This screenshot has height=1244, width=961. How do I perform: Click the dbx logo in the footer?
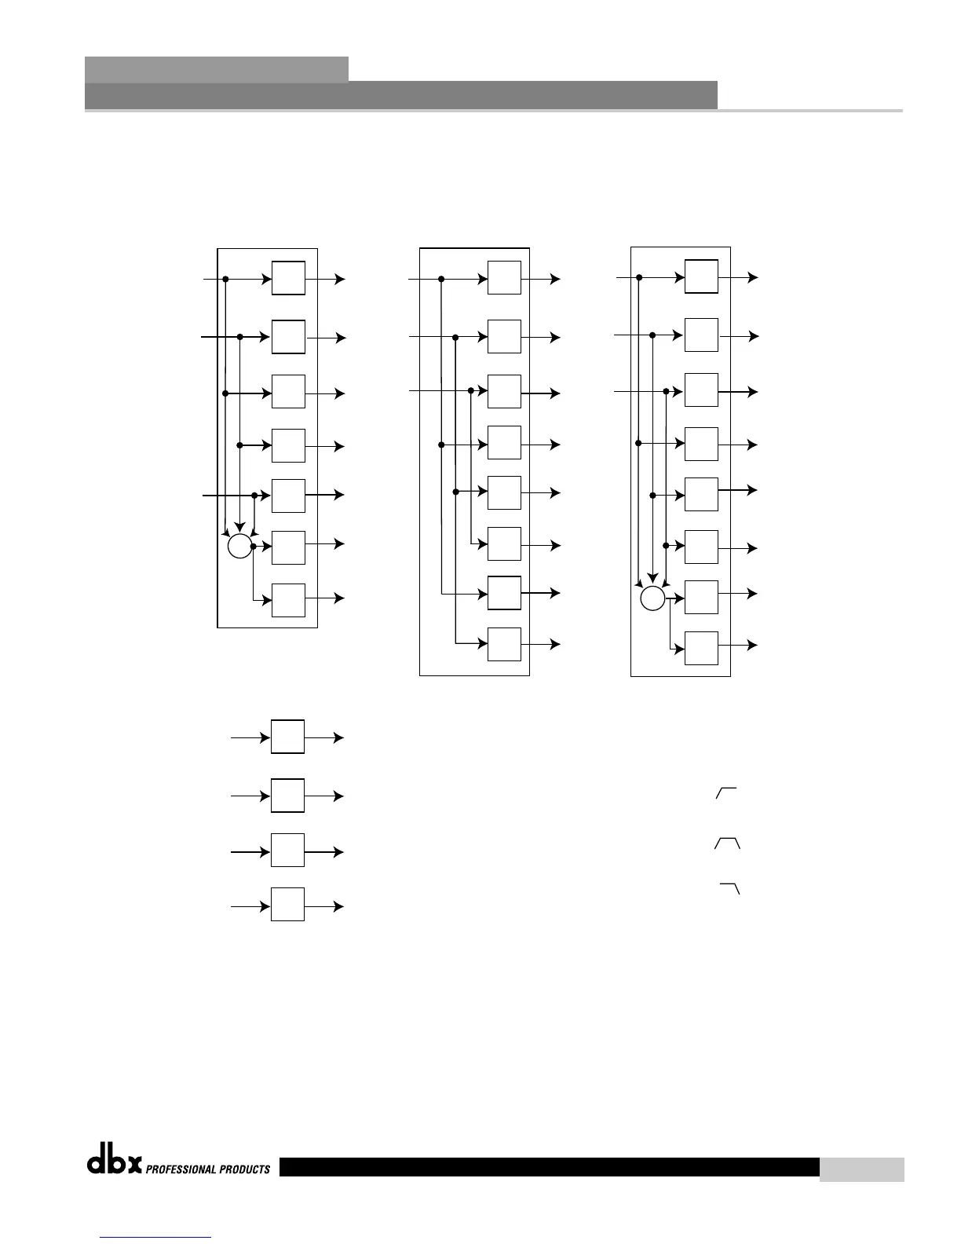click(x=114, y=1163)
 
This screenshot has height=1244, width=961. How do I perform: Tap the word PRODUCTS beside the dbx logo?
click(x=244, y=1169)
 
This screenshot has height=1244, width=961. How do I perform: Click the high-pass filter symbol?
click(x=726, y=793)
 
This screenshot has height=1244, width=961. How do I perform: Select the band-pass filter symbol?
click(x=727, y=843)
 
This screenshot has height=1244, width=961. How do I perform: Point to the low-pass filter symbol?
click(x=731, y=888)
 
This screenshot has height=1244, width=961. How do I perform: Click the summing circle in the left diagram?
click(x=239, y=545)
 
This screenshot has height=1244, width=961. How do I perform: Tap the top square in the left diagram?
click(x=288, y=278)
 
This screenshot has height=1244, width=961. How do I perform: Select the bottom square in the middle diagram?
click(x=504, y=644)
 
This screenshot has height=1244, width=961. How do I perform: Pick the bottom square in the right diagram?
click(x=701, y=648)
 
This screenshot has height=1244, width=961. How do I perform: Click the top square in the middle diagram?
click(x=504, y=277)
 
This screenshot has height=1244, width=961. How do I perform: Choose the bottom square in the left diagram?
click(x=288, y=600)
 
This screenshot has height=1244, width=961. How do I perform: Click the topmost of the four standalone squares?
click(x=287, y=737)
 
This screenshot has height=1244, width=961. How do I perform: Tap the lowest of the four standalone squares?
click(x=287, y=904)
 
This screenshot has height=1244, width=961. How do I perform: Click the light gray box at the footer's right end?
click(x=861, y=1169)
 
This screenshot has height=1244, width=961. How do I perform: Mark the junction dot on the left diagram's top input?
click(x=225, y=279)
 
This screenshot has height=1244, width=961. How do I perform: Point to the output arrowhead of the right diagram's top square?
click(x=754, y=277)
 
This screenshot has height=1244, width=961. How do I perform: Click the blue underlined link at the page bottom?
click(x=156, y=1237)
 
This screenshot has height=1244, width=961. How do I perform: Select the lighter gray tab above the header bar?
click(x=216, y=69)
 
